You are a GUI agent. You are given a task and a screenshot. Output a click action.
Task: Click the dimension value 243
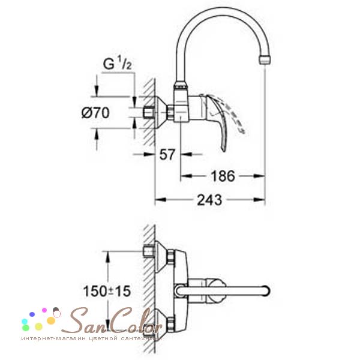[x=209, y=200]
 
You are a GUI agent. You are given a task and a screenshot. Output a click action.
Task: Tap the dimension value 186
[x=223, y=176]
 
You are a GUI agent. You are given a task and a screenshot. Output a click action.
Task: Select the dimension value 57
[x=167, y=155]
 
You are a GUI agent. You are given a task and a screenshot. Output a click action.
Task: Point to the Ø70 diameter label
[x=95, y=113]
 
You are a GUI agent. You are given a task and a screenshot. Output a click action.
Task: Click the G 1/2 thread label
[x=118, y=64]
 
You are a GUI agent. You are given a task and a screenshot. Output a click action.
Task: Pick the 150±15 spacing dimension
[x=107, y=291]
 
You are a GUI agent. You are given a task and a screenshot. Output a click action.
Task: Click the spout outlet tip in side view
[x=265, y=59]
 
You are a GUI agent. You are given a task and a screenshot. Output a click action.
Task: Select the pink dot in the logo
[x=44, y=310]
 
